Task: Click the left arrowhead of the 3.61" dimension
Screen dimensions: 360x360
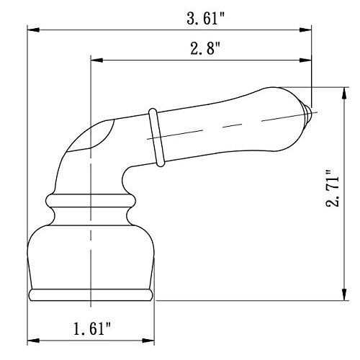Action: pos(32,30)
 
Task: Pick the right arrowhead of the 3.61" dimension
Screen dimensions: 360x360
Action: pos(310,30)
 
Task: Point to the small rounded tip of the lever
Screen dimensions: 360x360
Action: pos(309,113)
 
